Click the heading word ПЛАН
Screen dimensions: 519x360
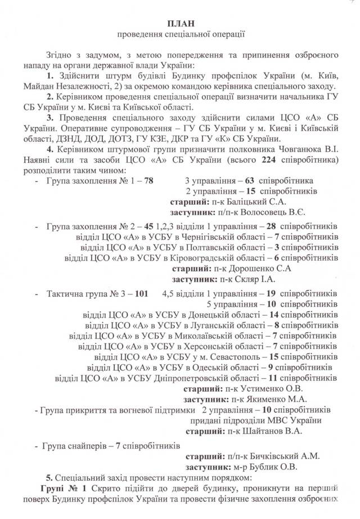(x=180, y=23)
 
